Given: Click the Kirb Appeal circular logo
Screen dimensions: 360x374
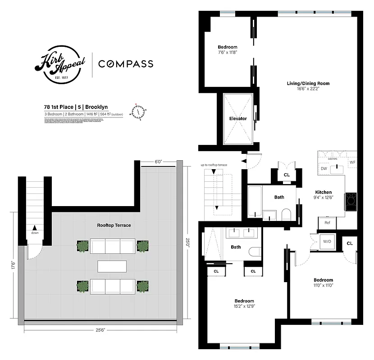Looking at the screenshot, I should tap(60, 64).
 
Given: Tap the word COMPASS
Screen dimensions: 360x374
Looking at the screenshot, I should tap(126, 64).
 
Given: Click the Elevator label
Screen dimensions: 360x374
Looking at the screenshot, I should tap(238, 119).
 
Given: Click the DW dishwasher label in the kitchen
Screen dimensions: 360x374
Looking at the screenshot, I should tap(324, 168).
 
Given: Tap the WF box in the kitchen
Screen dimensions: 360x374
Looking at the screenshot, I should tap(353, 161).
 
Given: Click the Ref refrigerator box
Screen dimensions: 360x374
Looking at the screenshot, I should tap(327, 223).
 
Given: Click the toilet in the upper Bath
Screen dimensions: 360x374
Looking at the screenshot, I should tap(286, 215).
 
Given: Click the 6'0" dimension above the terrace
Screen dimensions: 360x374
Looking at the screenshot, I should tap(158, 161).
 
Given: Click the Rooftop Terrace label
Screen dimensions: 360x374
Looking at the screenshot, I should tap(114, 225).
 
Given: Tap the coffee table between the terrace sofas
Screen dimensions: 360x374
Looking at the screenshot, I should tap(113, 266).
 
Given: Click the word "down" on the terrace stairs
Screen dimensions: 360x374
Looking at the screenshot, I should tap(35, 233).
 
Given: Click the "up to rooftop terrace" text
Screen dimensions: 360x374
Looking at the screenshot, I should tap(214, 165).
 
